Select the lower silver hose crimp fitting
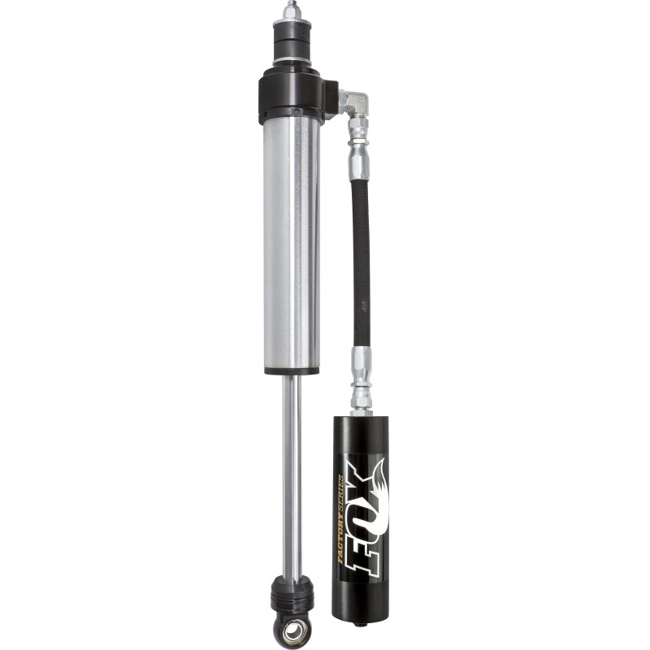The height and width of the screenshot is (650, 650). pyautogui.click(x=360, y=370)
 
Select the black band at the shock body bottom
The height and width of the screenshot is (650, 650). pyautogui.click(x=290, y=370)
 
